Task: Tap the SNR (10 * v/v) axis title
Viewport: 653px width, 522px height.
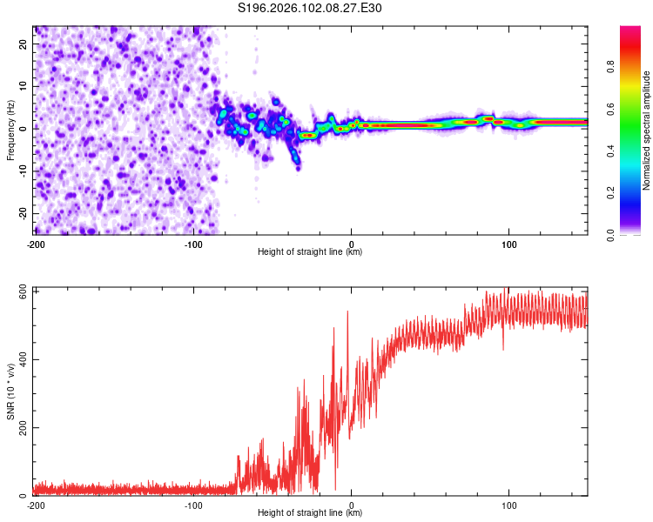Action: [10, 391]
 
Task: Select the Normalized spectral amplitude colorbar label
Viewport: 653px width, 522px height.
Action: [646, 130]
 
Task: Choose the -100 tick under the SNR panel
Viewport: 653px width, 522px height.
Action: [193, 505]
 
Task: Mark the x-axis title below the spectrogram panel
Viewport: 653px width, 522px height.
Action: [311, 252]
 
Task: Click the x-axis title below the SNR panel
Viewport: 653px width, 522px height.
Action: [311, 513]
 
